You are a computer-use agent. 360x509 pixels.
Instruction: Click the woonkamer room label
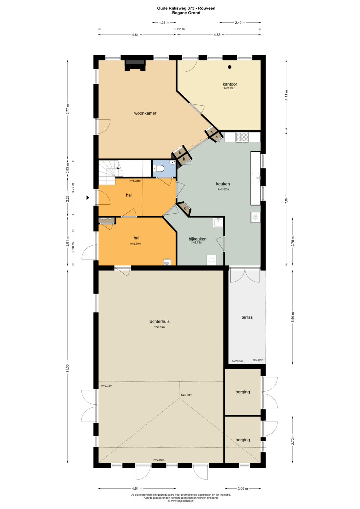tap(145, 113)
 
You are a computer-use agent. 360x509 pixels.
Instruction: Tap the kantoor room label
tap(230, 84)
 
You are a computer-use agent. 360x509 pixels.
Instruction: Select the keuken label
tap(223, 184)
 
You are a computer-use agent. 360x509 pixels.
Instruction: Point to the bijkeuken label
tap(197, 239)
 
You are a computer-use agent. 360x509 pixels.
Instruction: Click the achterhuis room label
tap(160, 321)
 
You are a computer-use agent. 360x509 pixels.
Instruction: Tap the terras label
tap(247, 317)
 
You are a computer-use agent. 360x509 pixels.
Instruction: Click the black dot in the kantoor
tap(230, 67)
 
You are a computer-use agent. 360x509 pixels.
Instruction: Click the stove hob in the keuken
tap(242, 137)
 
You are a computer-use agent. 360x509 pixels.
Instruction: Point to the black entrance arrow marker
tap(88, 198)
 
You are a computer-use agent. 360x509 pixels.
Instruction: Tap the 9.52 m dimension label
tap(179, 29)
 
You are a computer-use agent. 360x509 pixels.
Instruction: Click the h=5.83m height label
tap(187, 395)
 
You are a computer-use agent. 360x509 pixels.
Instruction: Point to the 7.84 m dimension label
tap(286, 198)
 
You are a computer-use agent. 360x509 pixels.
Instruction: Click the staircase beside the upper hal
tap(110, 172)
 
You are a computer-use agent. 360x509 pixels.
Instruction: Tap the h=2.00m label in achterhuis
tap(159, 460)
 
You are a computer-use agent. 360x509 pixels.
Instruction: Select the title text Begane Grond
tap(186, 13)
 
